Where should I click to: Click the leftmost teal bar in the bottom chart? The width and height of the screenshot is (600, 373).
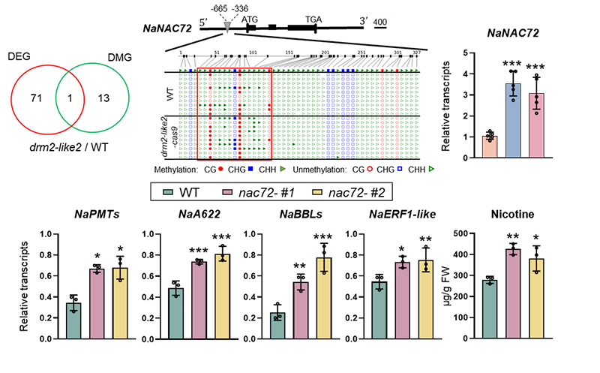73,321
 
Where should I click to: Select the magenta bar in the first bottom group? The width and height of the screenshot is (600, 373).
97,304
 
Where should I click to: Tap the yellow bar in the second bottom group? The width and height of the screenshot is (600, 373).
223,296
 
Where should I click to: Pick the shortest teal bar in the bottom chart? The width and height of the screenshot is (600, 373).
277,326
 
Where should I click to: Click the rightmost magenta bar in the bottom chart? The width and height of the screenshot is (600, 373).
513,294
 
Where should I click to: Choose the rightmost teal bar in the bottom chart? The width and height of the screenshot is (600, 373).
490,309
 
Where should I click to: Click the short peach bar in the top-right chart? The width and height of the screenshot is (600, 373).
488,146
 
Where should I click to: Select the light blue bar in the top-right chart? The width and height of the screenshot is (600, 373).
512,116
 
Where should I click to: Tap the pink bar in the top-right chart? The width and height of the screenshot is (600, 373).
535,125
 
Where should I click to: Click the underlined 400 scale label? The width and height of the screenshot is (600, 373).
379,23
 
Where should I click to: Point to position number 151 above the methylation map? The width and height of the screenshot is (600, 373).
289,53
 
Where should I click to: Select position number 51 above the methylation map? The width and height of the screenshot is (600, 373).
217,53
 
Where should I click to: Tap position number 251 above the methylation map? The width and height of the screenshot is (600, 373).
361,53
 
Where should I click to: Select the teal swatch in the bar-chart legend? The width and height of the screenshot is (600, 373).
169,193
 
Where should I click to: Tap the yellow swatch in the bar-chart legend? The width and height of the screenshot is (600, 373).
317,193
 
